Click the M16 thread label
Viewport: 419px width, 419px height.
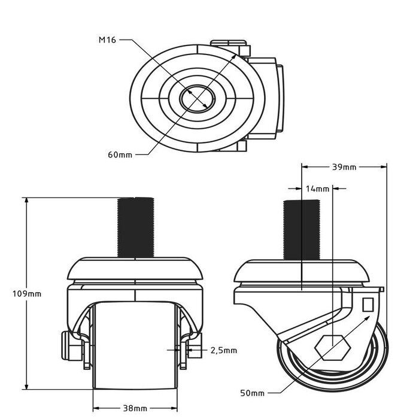click(x=107, y=41)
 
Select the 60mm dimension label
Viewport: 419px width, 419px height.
click(x=120, y=154)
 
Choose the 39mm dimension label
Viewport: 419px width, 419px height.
click(x=344, y=168)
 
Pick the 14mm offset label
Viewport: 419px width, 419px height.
click(x=317, y=189)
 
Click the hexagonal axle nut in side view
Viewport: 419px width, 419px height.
click(x=334, y=348)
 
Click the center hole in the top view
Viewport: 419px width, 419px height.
click(x=197, y=96)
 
